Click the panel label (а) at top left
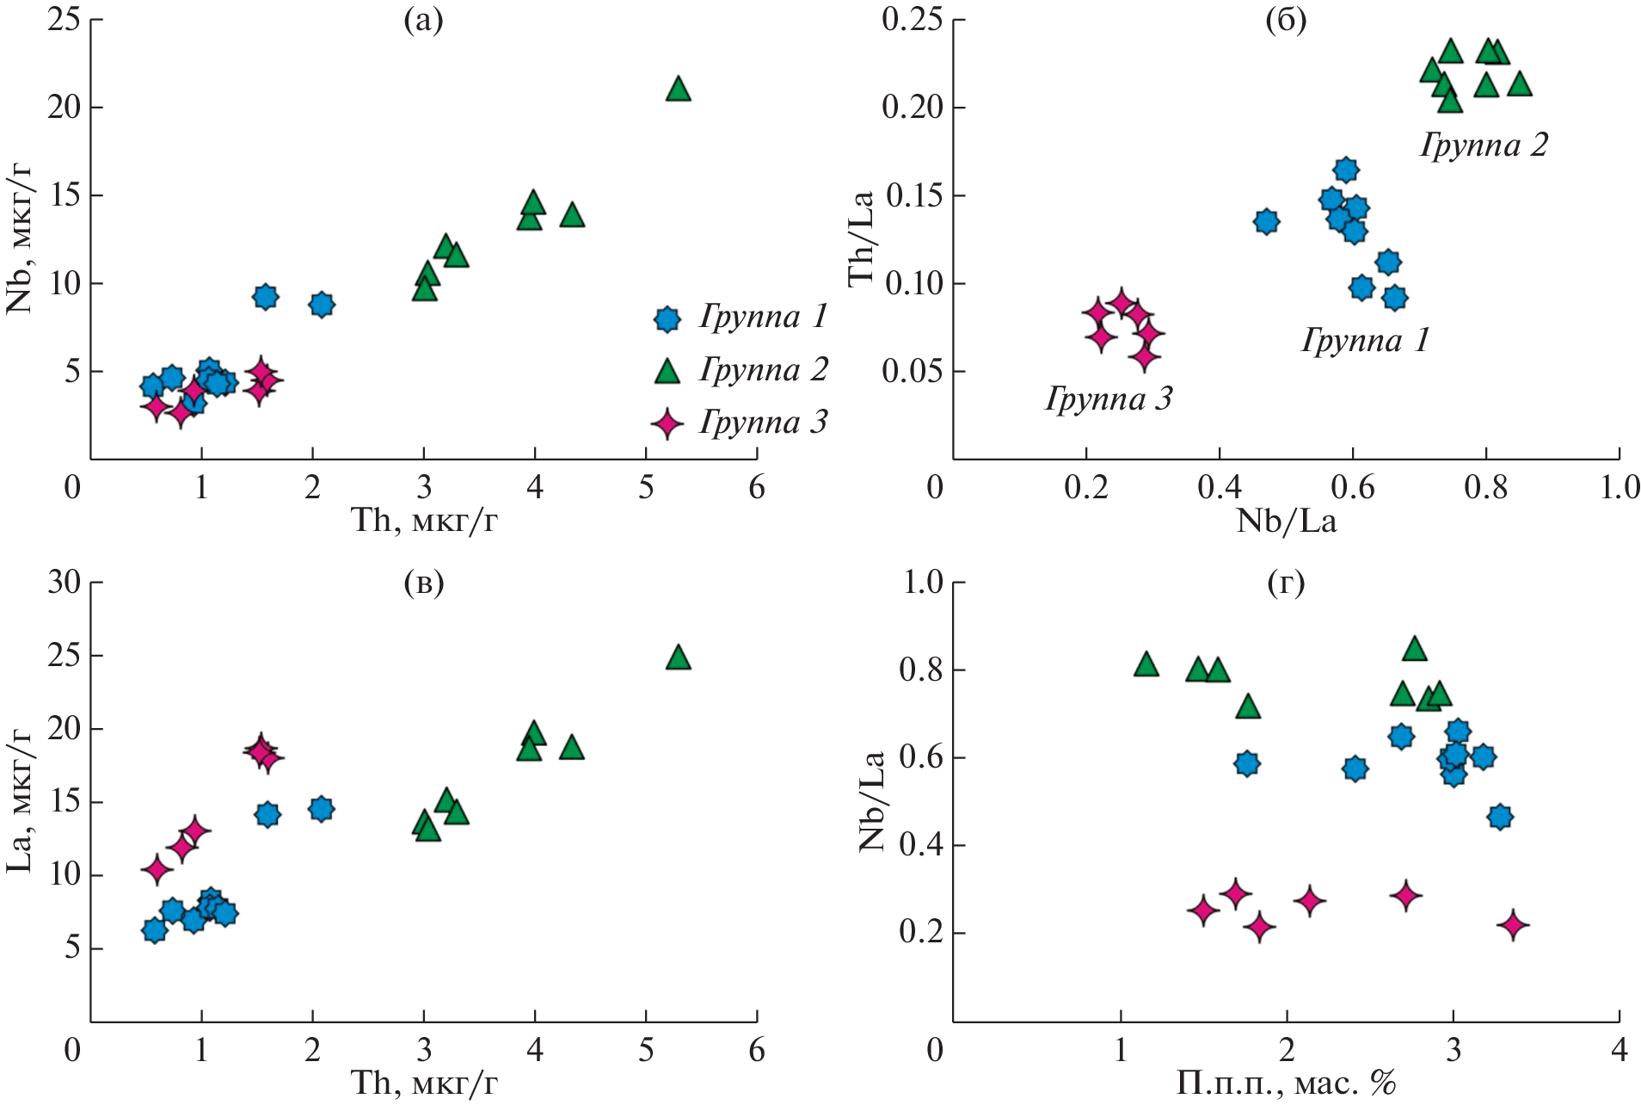(423, 21)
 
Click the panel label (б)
(1286, 21)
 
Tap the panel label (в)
(423, 583)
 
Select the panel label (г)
(1286, 583)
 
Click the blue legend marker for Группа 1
(667, 319)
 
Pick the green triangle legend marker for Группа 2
(667, 372)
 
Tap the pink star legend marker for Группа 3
(667, 423)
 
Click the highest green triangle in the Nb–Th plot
(679, 89)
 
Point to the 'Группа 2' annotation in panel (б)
(1484, 145)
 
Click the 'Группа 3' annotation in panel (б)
(1109, 398)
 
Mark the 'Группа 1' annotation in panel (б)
(1365, 341)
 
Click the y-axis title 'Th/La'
(861, 238)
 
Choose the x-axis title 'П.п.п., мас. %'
(1285, 1083)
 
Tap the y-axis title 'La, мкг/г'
(19, 800)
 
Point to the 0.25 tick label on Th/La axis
(912, 20)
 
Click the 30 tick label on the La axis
(65, 583)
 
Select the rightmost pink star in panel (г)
(1513, 926)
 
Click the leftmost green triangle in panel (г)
(1146, 664)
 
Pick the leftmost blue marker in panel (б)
(1266, 221)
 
